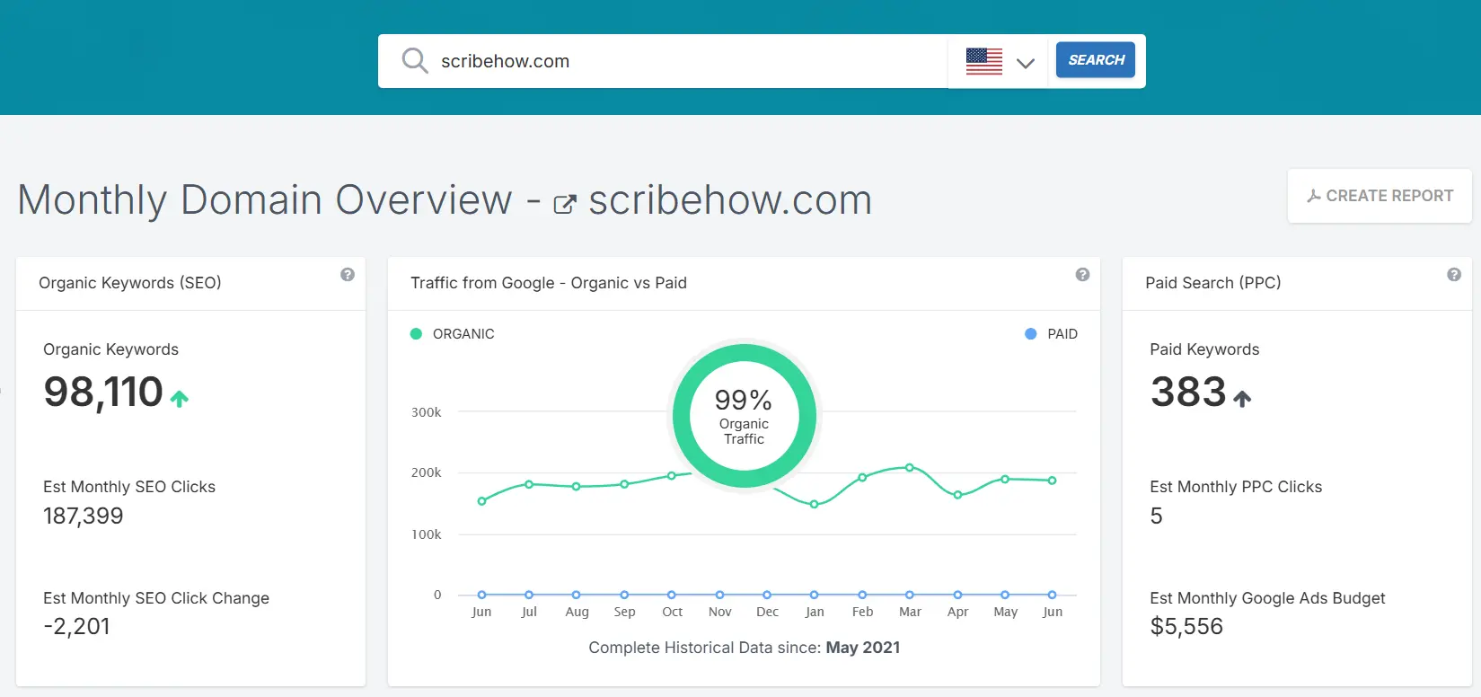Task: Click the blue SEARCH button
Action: click(x=1095, y=60)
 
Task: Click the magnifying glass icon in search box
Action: click(x=414, y=61)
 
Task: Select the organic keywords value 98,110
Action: click(x=103, y=393)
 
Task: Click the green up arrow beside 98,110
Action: click(x=180, y=399)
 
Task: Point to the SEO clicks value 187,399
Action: click(x=84, y=516)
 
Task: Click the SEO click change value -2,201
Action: click(x=77, y=626)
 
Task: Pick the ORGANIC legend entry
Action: click(x=453, y=334)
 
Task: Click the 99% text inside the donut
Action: click(x=743, y=400)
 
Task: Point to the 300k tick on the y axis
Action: click(x=427, y=412)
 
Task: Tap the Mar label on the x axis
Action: click(x=910, y=612)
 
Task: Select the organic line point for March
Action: click(x=910, y=467)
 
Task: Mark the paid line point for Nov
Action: click(x=719, y=595)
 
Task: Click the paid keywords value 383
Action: click(x=1188, y=393)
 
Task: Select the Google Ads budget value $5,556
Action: click(x=1186, y=626)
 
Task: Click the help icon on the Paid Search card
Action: click(x=1453, y=275)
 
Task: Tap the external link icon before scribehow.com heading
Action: click(x=565, y=204)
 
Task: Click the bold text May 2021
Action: click(x=862, y=648)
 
